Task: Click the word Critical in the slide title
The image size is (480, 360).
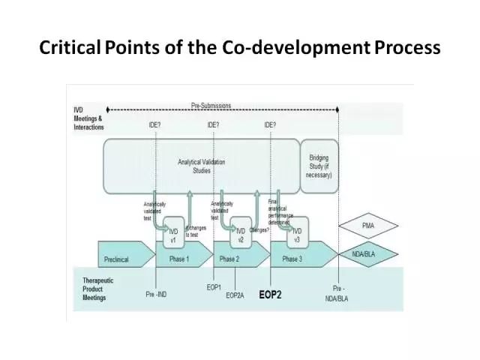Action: pyautogui.click(x=66, y=49)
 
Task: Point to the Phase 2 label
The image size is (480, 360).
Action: pyautogui.click(x=229, y=259)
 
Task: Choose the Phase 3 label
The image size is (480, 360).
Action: pyautogui.click(x=292, y=259)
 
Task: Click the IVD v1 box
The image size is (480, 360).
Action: pyautogui.click(x=172, y=236)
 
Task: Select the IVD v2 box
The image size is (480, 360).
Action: pyautogui.click(x=240, y=236)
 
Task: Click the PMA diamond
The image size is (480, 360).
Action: pyautogui.click(x=369, y=224)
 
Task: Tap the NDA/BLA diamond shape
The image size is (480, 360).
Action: pyautogui.click(x=369, y=255)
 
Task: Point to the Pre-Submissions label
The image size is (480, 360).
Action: pyautogui.click(x=211, y=106)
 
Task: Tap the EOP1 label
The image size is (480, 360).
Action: pyautogui.click(x=214, y=287)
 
